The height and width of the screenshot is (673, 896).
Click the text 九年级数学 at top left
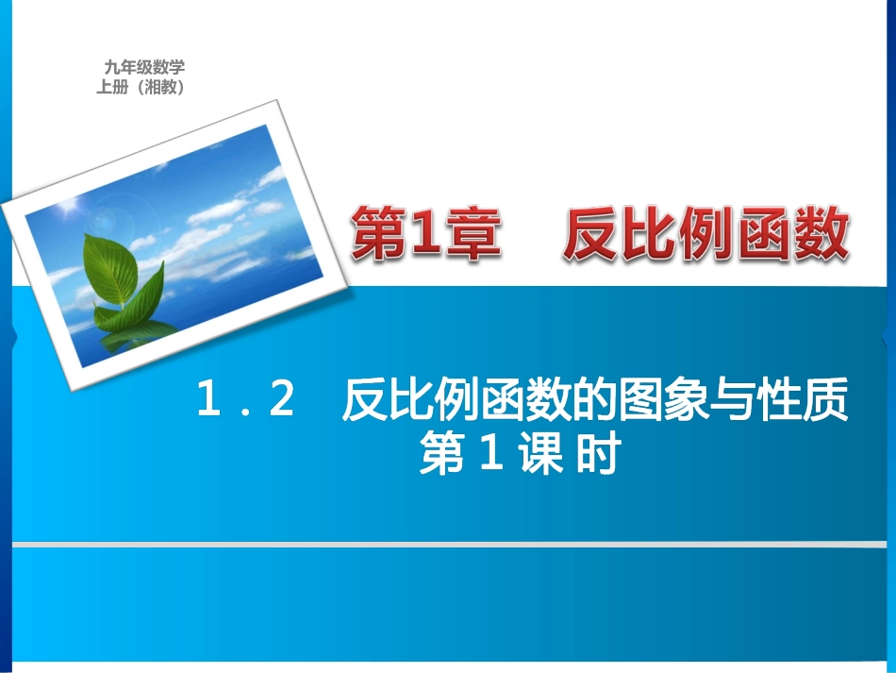144,67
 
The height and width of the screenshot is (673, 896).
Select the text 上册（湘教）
139,87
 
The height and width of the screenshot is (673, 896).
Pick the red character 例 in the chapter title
705,234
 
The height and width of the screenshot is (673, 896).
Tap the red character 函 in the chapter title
762,234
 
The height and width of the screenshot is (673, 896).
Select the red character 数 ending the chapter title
819,234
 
